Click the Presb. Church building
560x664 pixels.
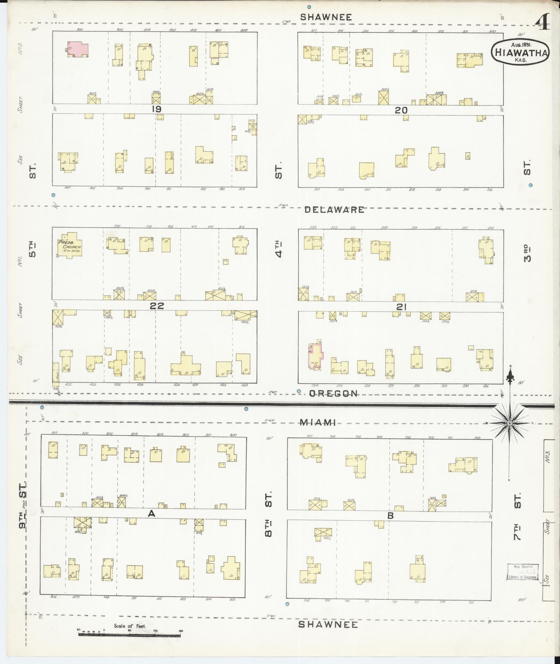pyautogui.click(x=70, y=245)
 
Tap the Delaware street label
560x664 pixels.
pyautogui.click(x=334, y=209)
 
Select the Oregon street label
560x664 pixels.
pyautogui.click(x=333, y=393)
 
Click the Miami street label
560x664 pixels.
pyautogui.click(x=318, y=422)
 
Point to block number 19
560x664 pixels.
pyautogui.click(x=156, y=109)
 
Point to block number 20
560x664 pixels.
pyautogui.click(x=401, y=110)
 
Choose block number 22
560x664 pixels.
pyautogui.click(x=157, y=306)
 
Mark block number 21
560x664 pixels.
pyautogui.click(x=401, y=306)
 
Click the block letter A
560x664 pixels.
pyautogui.click(x=151, y=513)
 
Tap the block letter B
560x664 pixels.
pyautogui.click(x=391, y=516)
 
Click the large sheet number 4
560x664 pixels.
pyautogui.click(x=542, y=23)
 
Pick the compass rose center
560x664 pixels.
pyautogui.click(x=509, y=423)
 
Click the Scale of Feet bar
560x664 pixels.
pyautogui.click(x=129, y=634)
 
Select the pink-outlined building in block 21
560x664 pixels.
pyautogui.click(x=315, y=356)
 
